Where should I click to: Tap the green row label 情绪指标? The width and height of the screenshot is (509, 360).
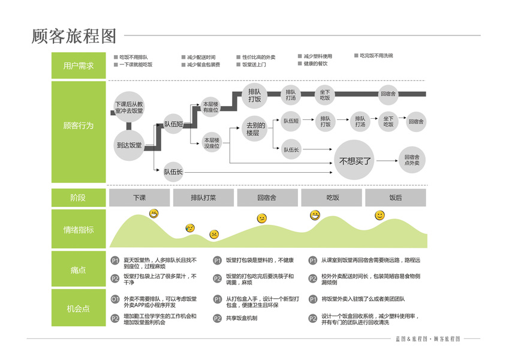[x=79, y=230]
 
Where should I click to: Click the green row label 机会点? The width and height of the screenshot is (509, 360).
[x=79, y=309]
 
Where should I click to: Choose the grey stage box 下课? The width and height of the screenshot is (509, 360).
[x=139, y=197]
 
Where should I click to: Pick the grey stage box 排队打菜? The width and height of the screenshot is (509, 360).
[x=203, y=197]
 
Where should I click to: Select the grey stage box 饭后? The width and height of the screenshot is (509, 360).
[x=395, y=197]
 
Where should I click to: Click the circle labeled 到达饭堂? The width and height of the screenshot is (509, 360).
[x=129, y=145]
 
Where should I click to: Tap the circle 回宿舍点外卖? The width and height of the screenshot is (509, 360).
[x=412, y=160]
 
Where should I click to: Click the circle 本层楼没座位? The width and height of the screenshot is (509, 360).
[x=211, y=142]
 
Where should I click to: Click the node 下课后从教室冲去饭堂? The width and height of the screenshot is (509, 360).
[x=129, y=107]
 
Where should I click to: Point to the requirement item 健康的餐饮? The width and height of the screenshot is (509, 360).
[x=315, y=64]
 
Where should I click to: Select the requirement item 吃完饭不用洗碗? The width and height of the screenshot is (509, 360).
[x=376, y=56]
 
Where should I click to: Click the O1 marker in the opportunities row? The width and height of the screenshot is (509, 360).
[x=115, y=299]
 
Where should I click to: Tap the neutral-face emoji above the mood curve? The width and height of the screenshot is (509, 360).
[x=262, y=218]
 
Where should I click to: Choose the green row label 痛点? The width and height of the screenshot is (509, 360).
[x=79, y=270]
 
